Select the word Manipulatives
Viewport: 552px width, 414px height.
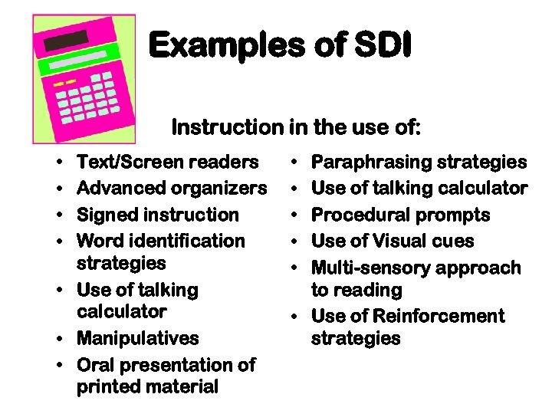(x=138, y=338)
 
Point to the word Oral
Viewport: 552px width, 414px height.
(x=96, y=365)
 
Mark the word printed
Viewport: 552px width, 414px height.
(x=107, y=387)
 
